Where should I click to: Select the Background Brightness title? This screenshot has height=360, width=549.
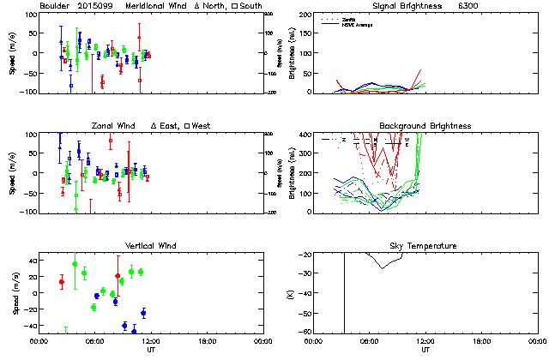click(425, 126)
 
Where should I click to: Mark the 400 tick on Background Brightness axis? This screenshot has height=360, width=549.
click(308, 135)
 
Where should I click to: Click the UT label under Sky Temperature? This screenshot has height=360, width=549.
click(426, 349)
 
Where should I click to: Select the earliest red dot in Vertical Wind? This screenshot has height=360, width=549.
click(61, 282)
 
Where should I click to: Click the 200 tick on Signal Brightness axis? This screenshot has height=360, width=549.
click(308, 15)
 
